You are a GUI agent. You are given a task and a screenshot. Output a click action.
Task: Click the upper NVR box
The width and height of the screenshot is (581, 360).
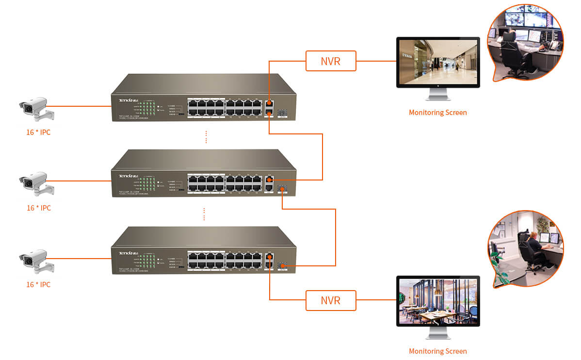pos(331,61)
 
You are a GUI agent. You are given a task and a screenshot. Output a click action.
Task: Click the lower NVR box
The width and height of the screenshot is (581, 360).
pos(331,300)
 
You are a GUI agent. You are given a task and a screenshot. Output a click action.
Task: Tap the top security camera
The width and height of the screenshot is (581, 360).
pos(36,108)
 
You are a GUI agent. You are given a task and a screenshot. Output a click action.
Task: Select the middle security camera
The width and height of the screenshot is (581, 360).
pos(36,184)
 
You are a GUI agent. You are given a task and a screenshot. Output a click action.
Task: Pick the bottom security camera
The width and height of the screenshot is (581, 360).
pos(36,260)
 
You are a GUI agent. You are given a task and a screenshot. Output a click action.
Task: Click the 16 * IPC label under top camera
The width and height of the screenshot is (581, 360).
pos(38,132)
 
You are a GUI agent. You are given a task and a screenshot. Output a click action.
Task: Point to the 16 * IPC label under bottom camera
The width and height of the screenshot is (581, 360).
pos(38,284)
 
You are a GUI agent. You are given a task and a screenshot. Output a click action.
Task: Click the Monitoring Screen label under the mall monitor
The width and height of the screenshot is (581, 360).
pos(437,113)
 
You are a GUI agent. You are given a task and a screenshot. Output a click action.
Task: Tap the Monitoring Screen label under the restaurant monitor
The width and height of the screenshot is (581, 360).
pos(437,351)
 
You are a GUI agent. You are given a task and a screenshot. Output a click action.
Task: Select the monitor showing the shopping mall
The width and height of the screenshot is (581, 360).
pos(438,62)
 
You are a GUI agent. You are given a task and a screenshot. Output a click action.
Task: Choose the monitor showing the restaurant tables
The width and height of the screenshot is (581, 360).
pos(438,301)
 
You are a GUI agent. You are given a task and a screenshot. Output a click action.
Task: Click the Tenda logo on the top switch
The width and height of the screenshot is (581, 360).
pos(126,100)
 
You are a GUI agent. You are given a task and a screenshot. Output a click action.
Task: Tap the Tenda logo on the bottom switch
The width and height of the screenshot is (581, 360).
pos(126,253)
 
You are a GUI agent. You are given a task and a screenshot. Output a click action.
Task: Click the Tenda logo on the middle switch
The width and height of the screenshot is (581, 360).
pos(126,176)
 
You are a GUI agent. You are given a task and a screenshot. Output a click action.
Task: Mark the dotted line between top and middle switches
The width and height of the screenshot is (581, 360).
pos(206,137)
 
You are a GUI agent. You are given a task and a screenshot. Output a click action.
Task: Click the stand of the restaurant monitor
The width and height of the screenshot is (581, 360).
pos(438,334)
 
